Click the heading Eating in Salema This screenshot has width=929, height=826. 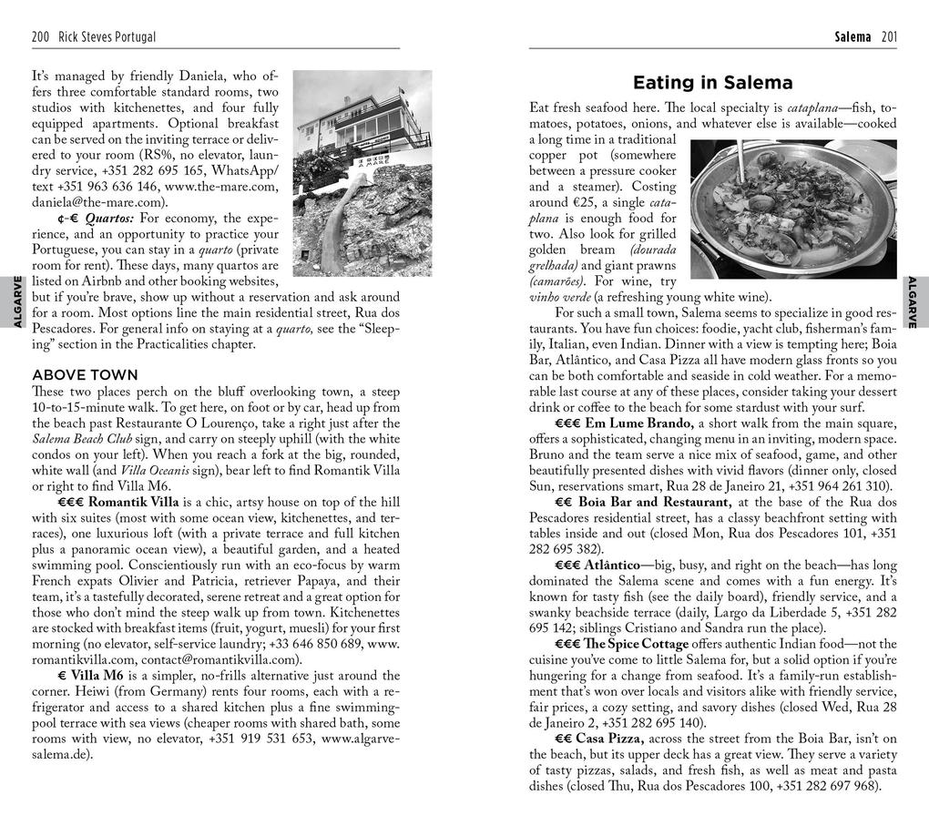pyautogui.click(x=712, y=83)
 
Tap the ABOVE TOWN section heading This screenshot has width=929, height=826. pyautogui.click(x=85, y=374)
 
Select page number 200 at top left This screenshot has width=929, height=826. pyautogui.click(x=40, y=37)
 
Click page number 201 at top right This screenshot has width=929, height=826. pyautogui.click(x=889, y=37)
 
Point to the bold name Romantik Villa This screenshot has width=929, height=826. pyautogui.click(x=134, y=501)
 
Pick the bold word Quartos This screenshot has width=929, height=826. pyautogui.click(x=109, y=219)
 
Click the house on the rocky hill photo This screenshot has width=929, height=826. pyautogui.click(x=362, y=173)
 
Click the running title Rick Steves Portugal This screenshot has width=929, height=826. pyautogui.click(x=107, y=37)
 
